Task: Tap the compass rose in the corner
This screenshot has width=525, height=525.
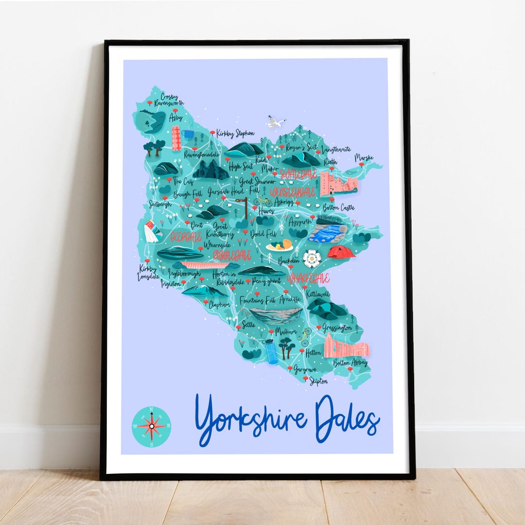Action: point(151,426)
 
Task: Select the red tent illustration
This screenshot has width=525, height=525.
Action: point(341,252)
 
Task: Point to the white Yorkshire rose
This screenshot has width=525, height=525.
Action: point(312,258)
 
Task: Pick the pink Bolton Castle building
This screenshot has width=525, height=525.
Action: point(338,184)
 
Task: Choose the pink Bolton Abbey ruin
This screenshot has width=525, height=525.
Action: point(346,347)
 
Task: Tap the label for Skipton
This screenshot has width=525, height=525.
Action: point(318,382)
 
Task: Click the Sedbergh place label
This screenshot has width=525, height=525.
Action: point(160,204)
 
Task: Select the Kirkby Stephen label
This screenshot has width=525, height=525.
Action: point(235,133)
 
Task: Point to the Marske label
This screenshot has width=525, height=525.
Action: point(365,158)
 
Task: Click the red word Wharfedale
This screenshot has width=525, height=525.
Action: point(308,279)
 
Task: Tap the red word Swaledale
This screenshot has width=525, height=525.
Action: point(298,174)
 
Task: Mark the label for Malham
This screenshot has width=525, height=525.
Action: point(286,331)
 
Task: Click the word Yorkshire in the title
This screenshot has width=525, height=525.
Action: point(250,420)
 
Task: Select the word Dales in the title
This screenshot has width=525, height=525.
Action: point(347,420)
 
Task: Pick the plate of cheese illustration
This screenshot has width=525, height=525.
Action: point(280,246)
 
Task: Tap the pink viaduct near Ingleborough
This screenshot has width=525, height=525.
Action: point(204,265)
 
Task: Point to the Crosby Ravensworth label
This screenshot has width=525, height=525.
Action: point(166,100)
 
